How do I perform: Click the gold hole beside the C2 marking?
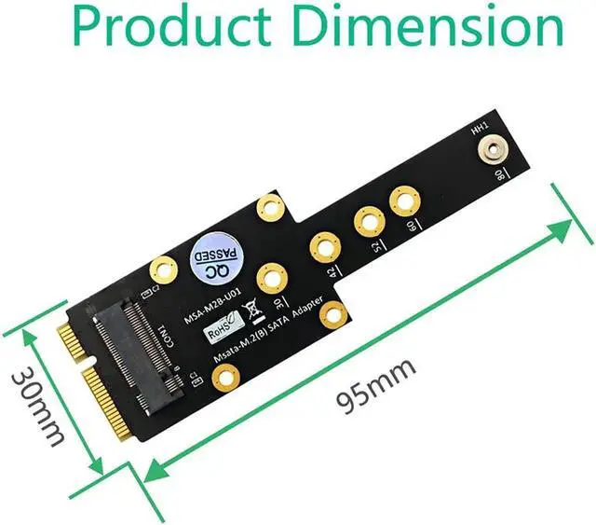(163, 269)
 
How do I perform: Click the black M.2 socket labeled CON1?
(136, 350)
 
